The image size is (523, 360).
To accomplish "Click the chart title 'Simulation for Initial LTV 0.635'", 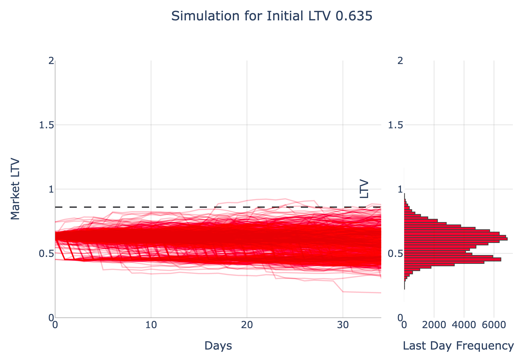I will pyautogui.click(x=271, y=16).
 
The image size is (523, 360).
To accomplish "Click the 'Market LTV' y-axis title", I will pyautogui.click(x=15, y=189).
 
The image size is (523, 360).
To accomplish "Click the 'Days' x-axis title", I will pyautogui.click(x=218, y=346).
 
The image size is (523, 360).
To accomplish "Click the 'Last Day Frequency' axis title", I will pyautogui.click(x=458, y=346).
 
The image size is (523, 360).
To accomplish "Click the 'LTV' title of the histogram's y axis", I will pyautogui.click(x=364, y=189).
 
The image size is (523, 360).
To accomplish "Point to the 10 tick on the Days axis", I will pyautogui.click(x=151, y=325).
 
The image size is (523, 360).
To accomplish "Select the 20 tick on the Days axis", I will pyautogui.click(x=247, y=325).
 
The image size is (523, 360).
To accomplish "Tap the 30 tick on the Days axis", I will pyautogui.click(x=343, y=325).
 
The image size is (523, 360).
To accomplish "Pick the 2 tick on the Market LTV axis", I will pyautogui.click(x=50, y=61).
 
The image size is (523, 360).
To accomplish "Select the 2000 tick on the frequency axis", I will pyautogui.click(x=434, y=325).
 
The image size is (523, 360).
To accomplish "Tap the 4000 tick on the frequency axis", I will pyautogui.click(x=464, y=325).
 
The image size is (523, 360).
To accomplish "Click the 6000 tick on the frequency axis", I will pyautogui.click(x=494, y=325).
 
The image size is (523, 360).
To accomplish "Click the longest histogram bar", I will pyautogui.click(x=455, y=239).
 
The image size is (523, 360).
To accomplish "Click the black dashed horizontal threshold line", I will pyautogui.click(x=187, y=207).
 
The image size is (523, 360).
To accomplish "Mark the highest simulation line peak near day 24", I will pyautogui.click(x=285, y=199).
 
